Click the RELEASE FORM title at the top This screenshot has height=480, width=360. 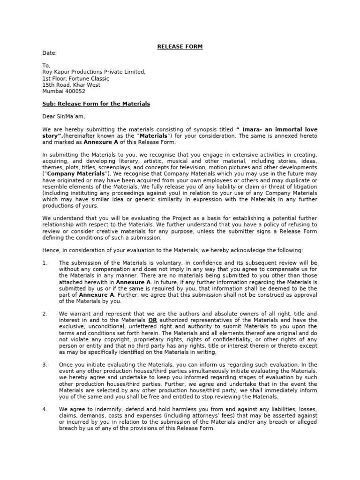click(180, 46)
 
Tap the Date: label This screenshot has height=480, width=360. click(49, 53)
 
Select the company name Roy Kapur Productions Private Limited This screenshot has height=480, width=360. click(94, 72)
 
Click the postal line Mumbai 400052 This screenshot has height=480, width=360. click(64, 91)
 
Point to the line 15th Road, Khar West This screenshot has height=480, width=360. click(71, 85)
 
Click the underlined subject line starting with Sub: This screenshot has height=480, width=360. click(96, 104)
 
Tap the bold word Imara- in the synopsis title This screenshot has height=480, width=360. click(251, 129)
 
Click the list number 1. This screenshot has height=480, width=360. click(45, 263)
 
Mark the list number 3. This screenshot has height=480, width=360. click(45, 365)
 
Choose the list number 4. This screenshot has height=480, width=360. click(45, 409)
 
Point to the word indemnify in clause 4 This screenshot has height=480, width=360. click(97, 409)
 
